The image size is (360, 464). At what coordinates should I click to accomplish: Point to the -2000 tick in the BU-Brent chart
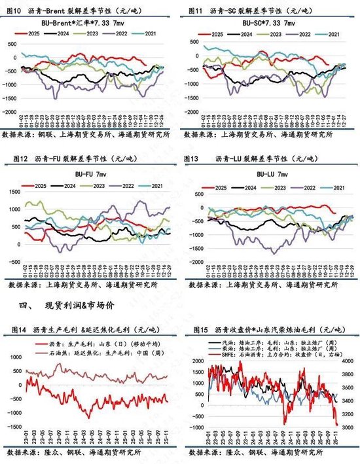coord(10,111)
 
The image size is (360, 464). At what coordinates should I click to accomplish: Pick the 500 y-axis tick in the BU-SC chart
coord(194,44)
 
